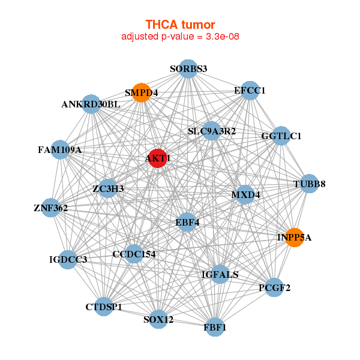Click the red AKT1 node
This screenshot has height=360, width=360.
coord(157,158)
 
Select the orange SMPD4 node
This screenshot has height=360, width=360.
coord(141,93)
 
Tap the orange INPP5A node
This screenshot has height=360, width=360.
coord(294,237)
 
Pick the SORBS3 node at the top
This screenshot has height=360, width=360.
coord(188,68)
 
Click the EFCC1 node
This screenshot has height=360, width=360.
coord(250,91)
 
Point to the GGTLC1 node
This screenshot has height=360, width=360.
coord(281,136)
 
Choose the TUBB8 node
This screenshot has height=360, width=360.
coord(309,184)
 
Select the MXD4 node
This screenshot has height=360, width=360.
coord(245,195)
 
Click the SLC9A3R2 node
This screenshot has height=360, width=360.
coord(211,131)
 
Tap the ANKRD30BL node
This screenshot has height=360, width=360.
coord(91,104)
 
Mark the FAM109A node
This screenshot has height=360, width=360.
coord(60,149)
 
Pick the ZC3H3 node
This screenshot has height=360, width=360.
coord(109,189)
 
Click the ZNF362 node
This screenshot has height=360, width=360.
coord(51,208)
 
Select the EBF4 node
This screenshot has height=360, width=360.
coord(187,223)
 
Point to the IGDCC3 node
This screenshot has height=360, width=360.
coord(68,260)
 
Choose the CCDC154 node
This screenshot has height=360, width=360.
coord(133,254)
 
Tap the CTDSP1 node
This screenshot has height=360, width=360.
coord(104,307)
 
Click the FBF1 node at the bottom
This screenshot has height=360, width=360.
coord(215,327)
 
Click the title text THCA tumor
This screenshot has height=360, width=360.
coord(180,25)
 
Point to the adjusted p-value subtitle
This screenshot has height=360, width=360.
coord(181,37)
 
